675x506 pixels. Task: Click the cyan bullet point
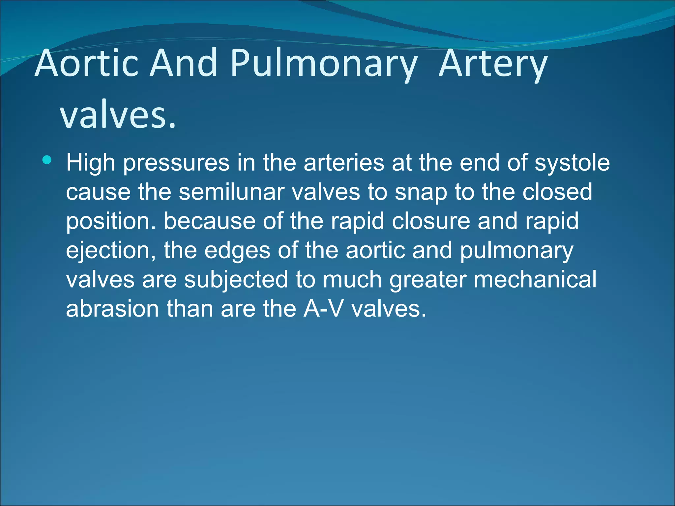pyautogui.click(x=47, y=160)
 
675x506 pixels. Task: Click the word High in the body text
pyautogui.click(x=91, y=163)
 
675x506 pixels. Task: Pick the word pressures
pyautogui.click(x=176, y=163)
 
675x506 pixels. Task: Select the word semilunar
pyautogui.click(x=231, y=192)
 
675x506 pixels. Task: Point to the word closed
pyautogui.click(x=557, y=192)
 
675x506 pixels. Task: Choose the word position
pyautogui.click(x=111, y=221)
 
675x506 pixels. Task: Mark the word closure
pyautogui.click(x=431, y=221)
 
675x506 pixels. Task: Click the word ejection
pyautogui.click(x=111, y=250)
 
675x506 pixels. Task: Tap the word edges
pyautogui.click(x=237, y=250)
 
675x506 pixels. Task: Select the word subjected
pyautogui.click(x=236, y=280)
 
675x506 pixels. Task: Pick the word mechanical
pyautogui.click(x=535, y=280)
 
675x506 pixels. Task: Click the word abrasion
pyautogui.click(x=112, y=309)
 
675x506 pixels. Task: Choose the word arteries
pyautogui.click(x=344, y=163)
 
